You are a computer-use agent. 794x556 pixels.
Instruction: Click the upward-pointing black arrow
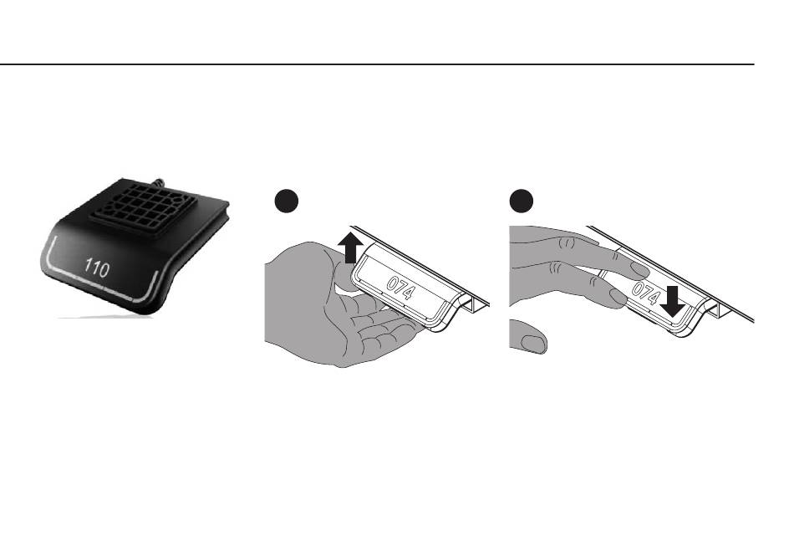pos(352,248)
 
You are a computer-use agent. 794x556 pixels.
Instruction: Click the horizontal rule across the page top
pos(376,64)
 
